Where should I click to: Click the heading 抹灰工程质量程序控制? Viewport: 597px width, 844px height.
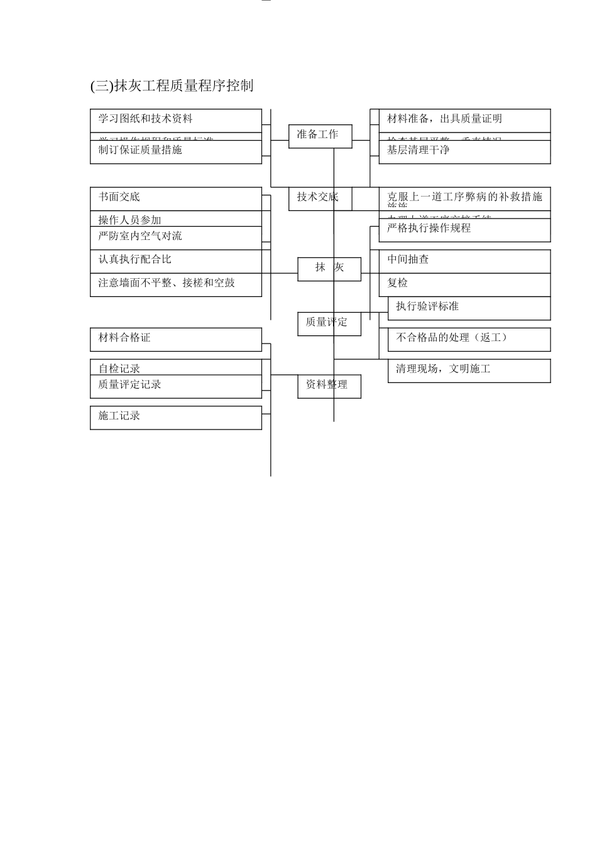172,86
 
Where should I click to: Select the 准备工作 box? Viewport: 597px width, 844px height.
320,135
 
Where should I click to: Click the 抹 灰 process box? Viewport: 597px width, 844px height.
329,268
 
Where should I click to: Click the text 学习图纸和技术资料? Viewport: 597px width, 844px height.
145,119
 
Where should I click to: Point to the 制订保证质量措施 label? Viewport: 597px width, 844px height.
140,150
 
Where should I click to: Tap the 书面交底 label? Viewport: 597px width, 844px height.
119,197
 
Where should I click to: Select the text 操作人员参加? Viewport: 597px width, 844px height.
129,220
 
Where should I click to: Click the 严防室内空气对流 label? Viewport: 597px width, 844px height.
140,236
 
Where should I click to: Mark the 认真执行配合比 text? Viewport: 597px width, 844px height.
134,259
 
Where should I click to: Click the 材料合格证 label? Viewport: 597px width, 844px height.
124,338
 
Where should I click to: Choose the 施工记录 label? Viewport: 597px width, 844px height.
119,416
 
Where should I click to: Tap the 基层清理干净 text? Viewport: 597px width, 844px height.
418,150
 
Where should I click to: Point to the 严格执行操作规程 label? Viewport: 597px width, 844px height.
429,228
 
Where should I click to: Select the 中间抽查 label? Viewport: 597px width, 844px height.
408,259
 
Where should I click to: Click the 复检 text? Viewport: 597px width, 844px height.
397,283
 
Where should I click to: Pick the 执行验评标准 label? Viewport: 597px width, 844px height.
427,306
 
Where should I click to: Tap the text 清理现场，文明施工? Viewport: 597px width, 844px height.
442,369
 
